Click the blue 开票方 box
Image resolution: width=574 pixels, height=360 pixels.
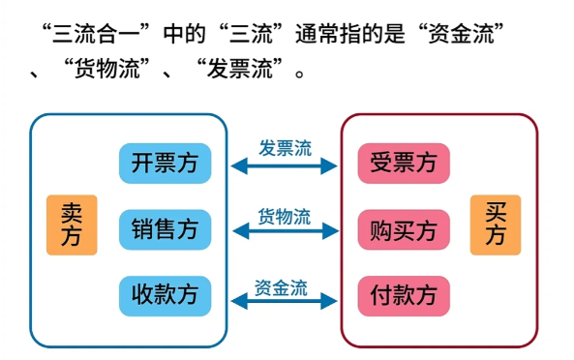click(x=165, y=163)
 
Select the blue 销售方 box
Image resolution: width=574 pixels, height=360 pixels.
click(x=165, y=229)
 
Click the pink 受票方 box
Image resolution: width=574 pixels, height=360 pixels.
click(x=404, y=163)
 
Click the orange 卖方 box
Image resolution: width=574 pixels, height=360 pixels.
click(x=72, y=225)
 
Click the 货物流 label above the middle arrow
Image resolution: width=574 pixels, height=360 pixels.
click(x=285, y=216)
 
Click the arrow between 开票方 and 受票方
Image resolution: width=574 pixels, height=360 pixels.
click(x=285, y=166)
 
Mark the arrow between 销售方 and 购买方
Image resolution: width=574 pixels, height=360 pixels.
click(x=285, y=232)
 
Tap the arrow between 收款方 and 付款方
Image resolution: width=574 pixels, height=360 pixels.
click(x=285, y=303)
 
